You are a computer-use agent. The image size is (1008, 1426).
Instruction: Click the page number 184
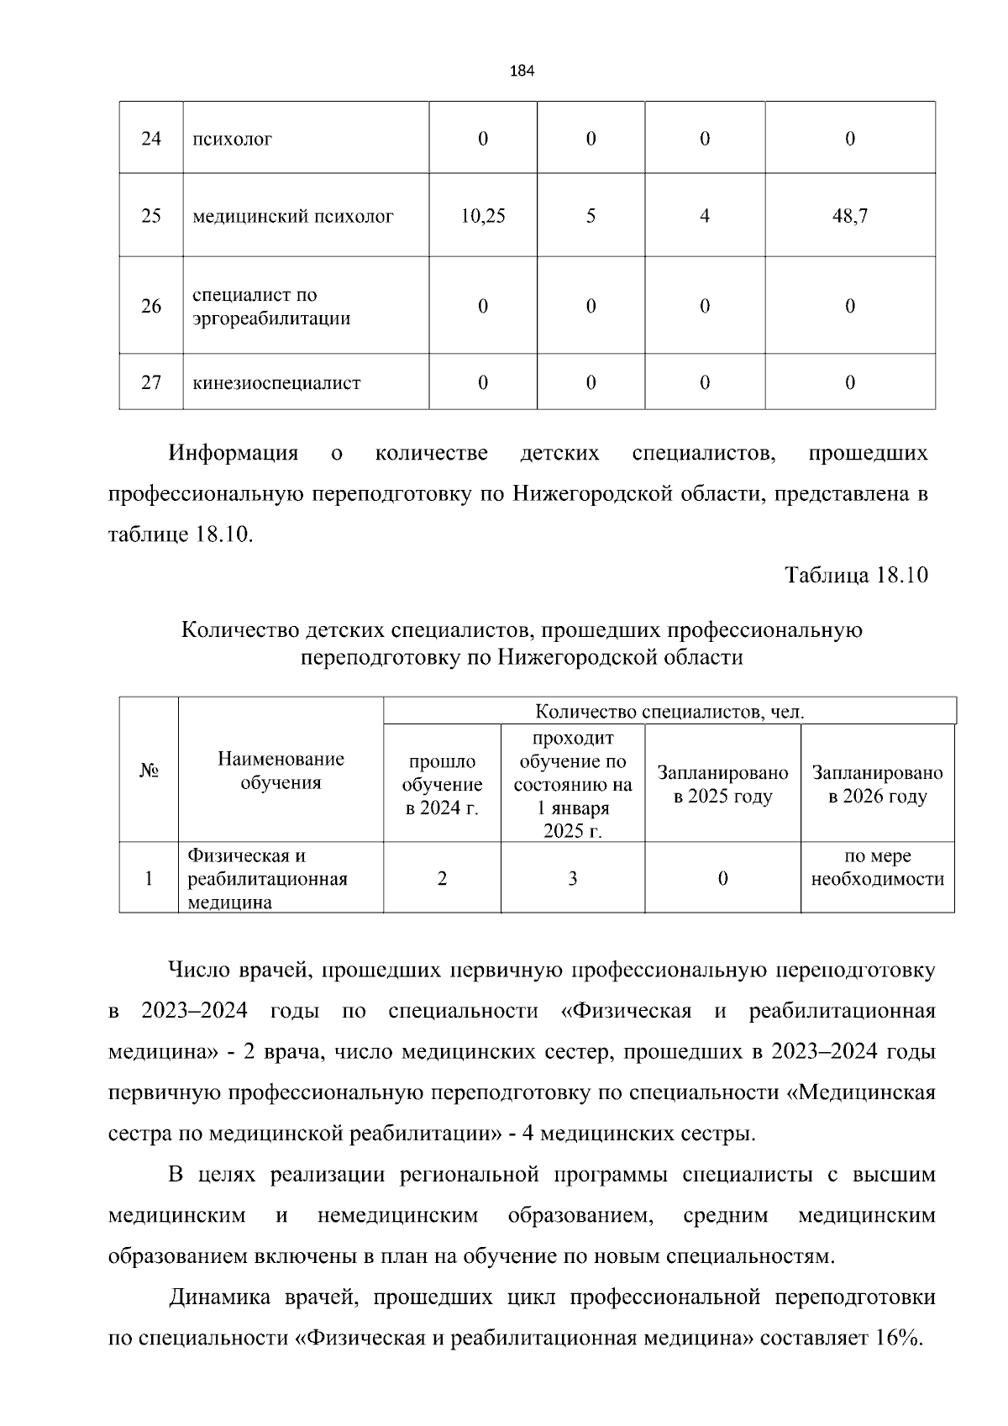(522, 71)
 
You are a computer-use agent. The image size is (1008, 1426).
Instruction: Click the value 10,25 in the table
(482, 216)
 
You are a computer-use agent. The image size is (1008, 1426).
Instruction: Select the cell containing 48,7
(849, 216)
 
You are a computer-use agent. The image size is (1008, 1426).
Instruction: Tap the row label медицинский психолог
(292, 216)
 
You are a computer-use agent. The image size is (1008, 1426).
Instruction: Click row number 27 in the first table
(151, 382)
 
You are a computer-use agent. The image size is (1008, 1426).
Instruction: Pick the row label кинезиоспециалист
(276, 383)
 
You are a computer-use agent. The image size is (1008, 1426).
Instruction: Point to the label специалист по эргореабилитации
(270, 307)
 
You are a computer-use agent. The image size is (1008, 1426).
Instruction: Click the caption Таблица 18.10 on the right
(856, 576)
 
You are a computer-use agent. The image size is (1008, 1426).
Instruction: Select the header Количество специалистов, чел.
(669, 712)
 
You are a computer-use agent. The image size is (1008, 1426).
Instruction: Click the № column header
(149, 771)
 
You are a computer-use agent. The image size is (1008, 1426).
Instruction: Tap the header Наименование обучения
(281, 771)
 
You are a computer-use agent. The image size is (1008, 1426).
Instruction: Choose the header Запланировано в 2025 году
(722, 784)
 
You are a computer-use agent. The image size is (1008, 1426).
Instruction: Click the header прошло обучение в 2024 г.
(442, 784)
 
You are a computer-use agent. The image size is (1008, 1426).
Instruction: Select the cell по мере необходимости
(877, 867)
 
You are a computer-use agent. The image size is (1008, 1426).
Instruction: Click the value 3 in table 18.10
(572, 878)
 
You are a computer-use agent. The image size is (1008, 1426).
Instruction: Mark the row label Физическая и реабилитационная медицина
(267, 879)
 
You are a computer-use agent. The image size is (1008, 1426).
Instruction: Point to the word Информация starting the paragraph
(233, 454)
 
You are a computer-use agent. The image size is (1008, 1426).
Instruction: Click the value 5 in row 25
(591, 216)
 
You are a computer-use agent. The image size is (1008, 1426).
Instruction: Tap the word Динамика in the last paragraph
(218, 1297)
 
